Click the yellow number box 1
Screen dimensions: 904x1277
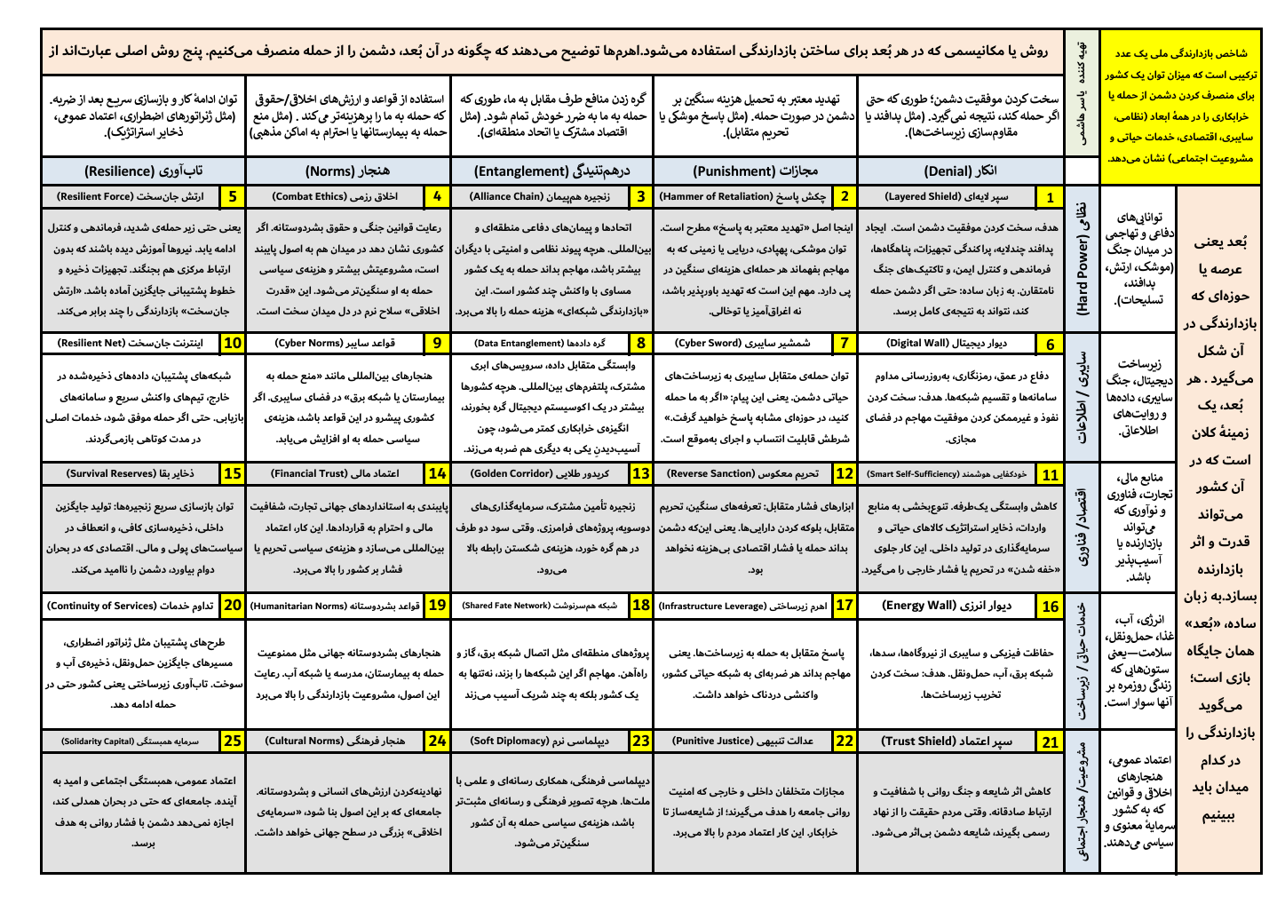click(1051, 197)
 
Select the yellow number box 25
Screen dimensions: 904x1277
click(233, 741)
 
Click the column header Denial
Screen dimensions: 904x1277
click(961, 170)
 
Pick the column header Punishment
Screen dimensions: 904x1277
click(756, 170)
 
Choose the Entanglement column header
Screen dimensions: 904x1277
click(551, 170)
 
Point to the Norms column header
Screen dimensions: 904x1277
click(348, 170)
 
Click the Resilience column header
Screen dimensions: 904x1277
click(144, 170)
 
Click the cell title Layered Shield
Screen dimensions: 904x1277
click(948, 197)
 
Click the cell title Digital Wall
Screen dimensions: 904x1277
click(948, 344)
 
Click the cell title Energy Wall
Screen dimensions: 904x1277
click(948, 606)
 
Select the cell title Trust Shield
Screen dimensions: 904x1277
click(948, 741)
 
